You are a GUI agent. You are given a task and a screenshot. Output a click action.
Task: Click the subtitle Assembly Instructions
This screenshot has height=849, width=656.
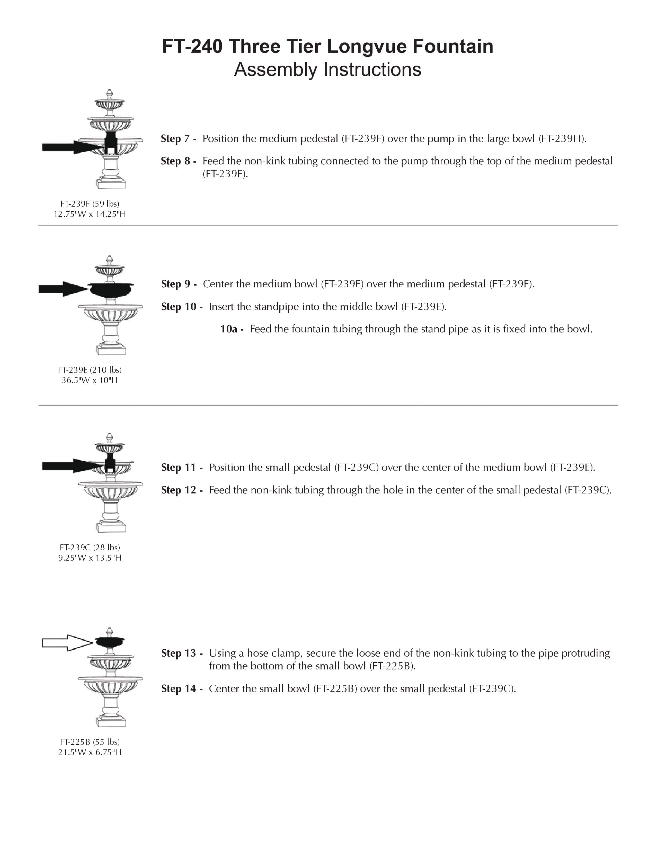pyautogui.click(x=327, y=69)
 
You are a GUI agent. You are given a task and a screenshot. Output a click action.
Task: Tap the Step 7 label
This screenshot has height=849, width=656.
pyautogui.click(x=178, y=139)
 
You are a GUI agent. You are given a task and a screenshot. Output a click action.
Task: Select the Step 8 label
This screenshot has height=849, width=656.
pyautogui.click(x=178, y=161)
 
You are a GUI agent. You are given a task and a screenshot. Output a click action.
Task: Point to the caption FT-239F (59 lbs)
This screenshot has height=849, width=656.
pyautogui.click(x=90, y=204)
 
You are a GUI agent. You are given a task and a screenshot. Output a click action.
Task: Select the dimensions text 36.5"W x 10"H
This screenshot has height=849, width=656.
pyautogui.click(x=90, y=380)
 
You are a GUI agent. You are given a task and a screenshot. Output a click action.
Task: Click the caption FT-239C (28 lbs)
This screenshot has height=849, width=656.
pyautogui.click(x=90, y=547)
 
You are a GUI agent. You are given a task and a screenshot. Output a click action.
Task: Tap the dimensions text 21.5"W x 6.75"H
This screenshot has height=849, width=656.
pyautogui.click(x=90, y=752)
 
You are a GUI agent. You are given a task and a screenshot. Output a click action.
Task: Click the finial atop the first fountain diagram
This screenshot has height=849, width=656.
pyautogui.click(x=110, y=94)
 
